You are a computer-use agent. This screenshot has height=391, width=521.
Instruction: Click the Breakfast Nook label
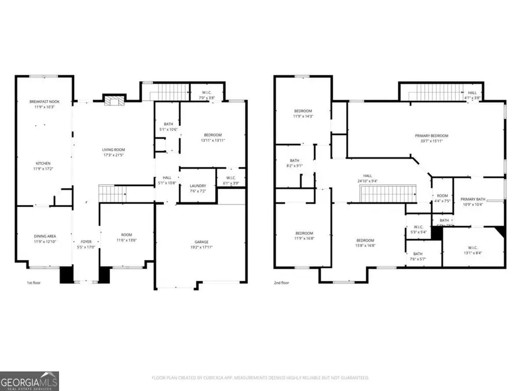click(x=45, y=101)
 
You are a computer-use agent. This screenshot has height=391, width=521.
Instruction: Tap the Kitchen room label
click(x=45, y=163)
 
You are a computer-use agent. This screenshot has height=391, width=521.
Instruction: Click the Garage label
click(x=201, y=242)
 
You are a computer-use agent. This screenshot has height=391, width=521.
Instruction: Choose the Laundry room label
click(x=198, y=186)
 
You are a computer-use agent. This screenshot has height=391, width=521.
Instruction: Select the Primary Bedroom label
click(x=431, y=136)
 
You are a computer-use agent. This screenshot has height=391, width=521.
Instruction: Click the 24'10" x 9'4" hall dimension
click(x=368, y=181)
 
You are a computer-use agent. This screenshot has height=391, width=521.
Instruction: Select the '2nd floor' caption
click(x=282, y=283)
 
